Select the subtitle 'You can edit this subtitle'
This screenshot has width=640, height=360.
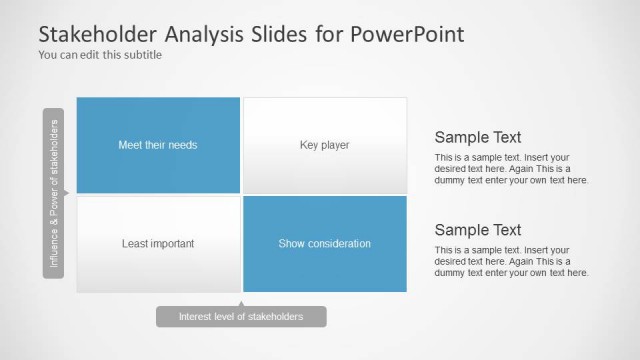pyautogui.click(x=100, y=55)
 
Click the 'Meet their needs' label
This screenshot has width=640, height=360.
pyautogui.click(x=158, y=145)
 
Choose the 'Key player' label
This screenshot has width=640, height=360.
pyautogui.click(x=324, y=145)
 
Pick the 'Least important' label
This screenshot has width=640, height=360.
pyautogui.click(x=158, y=243)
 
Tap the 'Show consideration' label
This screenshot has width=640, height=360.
pyautogui.click(x=324, y=243)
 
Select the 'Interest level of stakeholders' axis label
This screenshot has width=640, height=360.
pyautogui.click(x=240, y=317)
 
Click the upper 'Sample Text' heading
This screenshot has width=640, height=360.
pyautogui.click(x=478, y=138)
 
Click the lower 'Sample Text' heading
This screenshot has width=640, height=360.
pyautogui.click(x=478, y=230)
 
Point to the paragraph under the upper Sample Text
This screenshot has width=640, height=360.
pyautogui.click(x=511, y=169)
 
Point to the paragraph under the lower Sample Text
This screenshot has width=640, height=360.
pyautogui.click(x=511, y=261)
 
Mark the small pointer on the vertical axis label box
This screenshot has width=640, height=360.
pyautogui.click(x=67, y=194)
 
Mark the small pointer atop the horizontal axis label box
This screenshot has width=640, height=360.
pyautogui.click(x=241, y=302)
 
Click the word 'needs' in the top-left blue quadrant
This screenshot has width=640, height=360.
pyautogui.click(x=183, y=145)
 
